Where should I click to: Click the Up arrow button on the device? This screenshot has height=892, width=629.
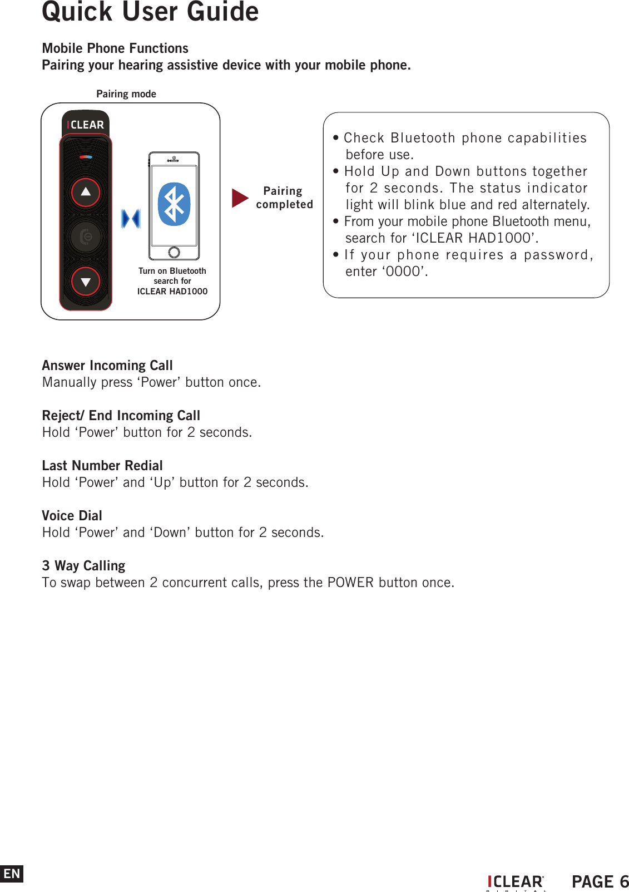[x=86, y=192]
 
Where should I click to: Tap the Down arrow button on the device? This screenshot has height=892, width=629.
[x=86, y=282]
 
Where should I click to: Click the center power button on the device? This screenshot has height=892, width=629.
[x=86, y=237]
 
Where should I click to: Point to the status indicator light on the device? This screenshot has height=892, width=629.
[x=86, y=157]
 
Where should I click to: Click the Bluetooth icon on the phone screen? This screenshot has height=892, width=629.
[x=174, y=204]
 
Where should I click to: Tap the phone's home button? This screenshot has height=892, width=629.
[x=174, y=252]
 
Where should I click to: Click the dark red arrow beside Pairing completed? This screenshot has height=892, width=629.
[x=240, y=198]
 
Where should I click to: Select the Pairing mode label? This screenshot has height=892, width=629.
[x=126, y=94]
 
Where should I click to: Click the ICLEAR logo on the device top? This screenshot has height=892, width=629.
[x=86, y=125]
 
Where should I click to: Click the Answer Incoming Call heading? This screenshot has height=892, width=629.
[x=107, y=366]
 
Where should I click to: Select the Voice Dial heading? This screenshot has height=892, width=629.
[x=72, y=516]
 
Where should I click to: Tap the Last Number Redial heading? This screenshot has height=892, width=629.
[x=102, y=466]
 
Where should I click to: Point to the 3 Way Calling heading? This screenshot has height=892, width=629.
[x=83, y=566]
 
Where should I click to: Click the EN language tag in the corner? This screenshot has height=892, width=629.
[x=12, y=874]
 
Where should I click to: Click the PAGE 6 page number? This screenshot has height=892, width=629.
[x=600, y=881]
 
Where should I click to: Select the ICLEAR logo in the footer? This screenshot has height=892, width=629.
[x=516, y=882]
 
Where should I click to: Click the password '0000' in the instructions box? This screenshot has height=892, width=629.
[x=403, y=272]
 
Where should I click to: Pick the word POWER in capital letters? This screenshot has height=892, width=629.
[x=350, y=583]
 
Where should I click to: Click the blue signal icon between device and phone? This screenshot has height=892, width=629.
[x=131, y=219]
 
